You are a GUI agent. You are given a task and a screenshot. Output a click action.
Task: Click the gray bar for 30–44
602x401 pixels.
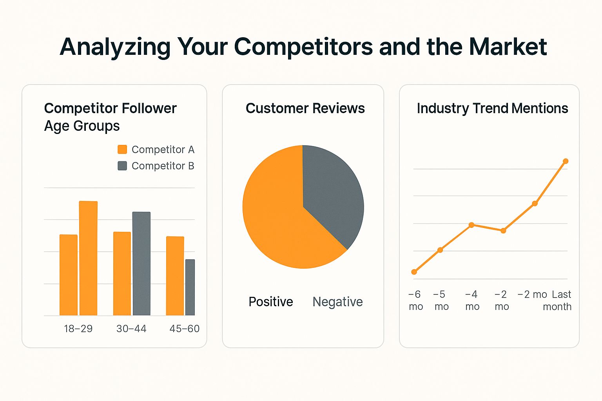(141, 263)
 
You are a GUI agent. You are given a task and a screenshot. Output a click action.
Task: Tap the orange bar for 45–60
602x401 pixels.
(175, 276)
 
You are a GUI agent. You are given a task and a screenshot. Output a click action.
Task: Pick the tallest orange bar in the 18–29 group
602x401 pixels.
(88, 258)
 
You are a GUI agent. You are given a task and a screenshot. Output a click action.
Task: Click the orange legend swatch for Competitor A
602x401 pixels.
(122, 149)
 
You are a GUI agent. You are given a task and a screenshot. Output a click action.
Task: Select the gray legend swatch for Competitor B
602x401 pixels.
(122, 166)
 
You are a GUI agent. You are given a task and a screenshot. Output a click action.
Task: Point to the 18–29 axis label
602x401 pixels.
(78, 329)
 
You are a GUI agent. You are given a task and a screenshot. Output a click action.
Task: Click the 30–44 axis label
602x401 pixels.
(131, 329)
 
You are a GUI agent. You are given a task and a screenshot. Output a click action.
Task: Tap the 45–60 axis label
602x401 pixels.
(184, 329)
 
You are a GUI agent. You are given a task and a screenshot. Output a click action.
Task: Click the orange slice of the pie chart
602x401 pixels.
(278, 219)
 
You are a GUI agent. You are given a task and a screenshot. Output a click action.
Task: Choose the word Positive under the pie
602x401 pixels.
(271, 302)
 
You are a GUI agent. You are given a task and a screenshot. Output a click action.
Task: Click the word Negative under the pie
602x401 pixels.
(337, 302)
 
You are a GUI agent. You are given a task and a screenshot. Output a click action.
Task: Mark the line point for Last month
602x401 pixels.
(566, 161)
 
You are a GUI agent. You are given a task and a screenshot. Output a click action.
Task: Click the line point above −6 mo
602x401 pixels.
(414, 272)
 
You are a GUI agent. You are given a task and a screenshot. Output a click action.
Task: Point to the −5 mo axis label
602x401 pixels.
(441, 300)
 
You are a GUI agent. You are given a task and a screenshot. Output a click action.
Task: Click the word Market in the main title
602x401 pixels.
(508, 47)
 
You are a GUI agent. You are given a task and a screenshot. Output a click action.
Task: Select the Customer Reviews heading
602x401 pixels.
(305, 108)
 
